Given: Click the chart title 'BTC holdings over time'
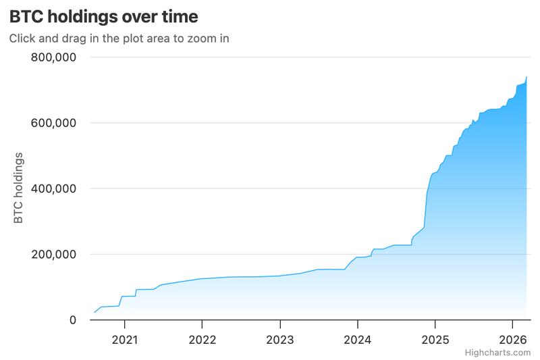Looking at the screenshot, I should pos(103,16).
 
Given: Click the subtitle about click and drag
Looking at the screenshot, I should pos(119,38).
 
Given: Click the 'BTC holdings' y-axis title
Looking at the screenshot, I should pos(19,188).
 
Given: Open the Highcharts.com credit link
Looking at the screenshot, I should pos(502,353).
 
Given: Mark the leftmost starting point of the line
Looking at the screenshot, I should pos(94,312).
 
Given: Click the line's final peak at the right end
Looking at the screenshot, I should pos(526,77).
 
